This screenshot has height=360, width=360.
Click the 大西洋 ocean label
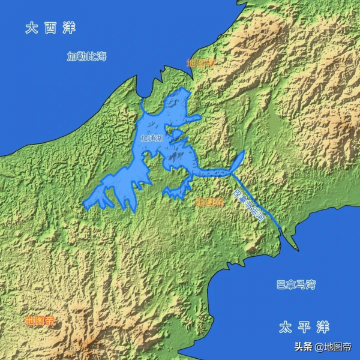50,28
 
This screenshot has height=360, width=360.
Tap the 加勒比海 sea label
86,56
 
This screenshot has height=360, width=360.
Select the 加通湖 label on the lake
151,139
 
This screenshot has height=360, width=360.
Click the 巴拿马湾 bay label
296,284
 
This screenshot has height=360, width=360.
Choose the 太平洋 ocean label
304,327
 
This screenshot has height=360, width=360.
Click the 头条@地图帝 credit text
322,347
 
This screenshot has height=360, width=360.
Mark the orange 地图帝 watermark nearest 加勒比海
199,62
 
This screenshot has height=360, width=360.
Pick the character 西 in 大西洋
50,28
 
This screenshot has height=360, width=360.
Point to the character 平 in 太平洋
304,327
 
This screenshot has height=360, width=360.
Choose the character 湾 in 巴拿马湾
310,284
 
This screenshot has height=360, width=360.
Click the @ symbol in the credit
320,347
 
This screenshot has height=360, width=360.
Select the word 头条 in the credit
304,347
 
